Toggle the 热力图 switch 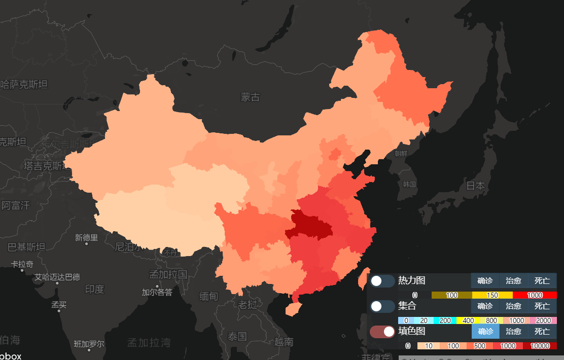point(382,281)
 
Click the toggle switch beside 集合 point(382,306)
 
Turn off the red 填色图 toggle point(382,332)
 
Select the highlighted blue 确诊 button point(485,332)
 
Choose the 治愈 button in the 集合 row point(513,306)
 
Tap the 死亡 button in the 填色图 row point(542,332)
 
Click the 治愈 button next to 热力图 point(513,281)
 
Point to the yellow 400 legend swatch point(468,320)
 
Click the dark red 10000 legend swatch point(540,346)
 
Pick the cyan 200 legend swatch point(445,320)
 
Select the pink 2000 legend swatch point(543,320)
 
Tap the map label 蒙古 point(250,97)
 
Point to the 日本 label point(475,186)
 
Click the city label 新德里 point(86,237)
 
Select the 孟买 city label point(59,305)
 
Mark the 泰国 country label point(237,336)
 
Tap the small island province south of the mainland point(292,309)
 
